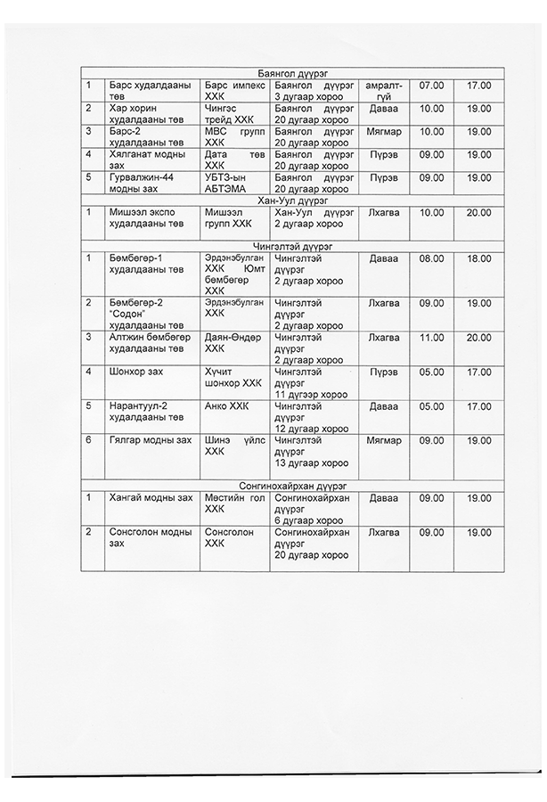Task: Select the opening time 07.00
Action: pos(431,85)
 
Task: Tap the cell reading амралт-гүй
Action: pos(384,90)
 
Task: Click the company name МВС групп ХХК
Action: pos(234,136)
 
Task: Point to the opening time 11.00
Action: pos(431,338)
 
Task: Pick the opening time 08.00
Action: pos(431,258)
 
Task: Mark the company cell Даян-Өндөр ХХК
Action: pos(234,343)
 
